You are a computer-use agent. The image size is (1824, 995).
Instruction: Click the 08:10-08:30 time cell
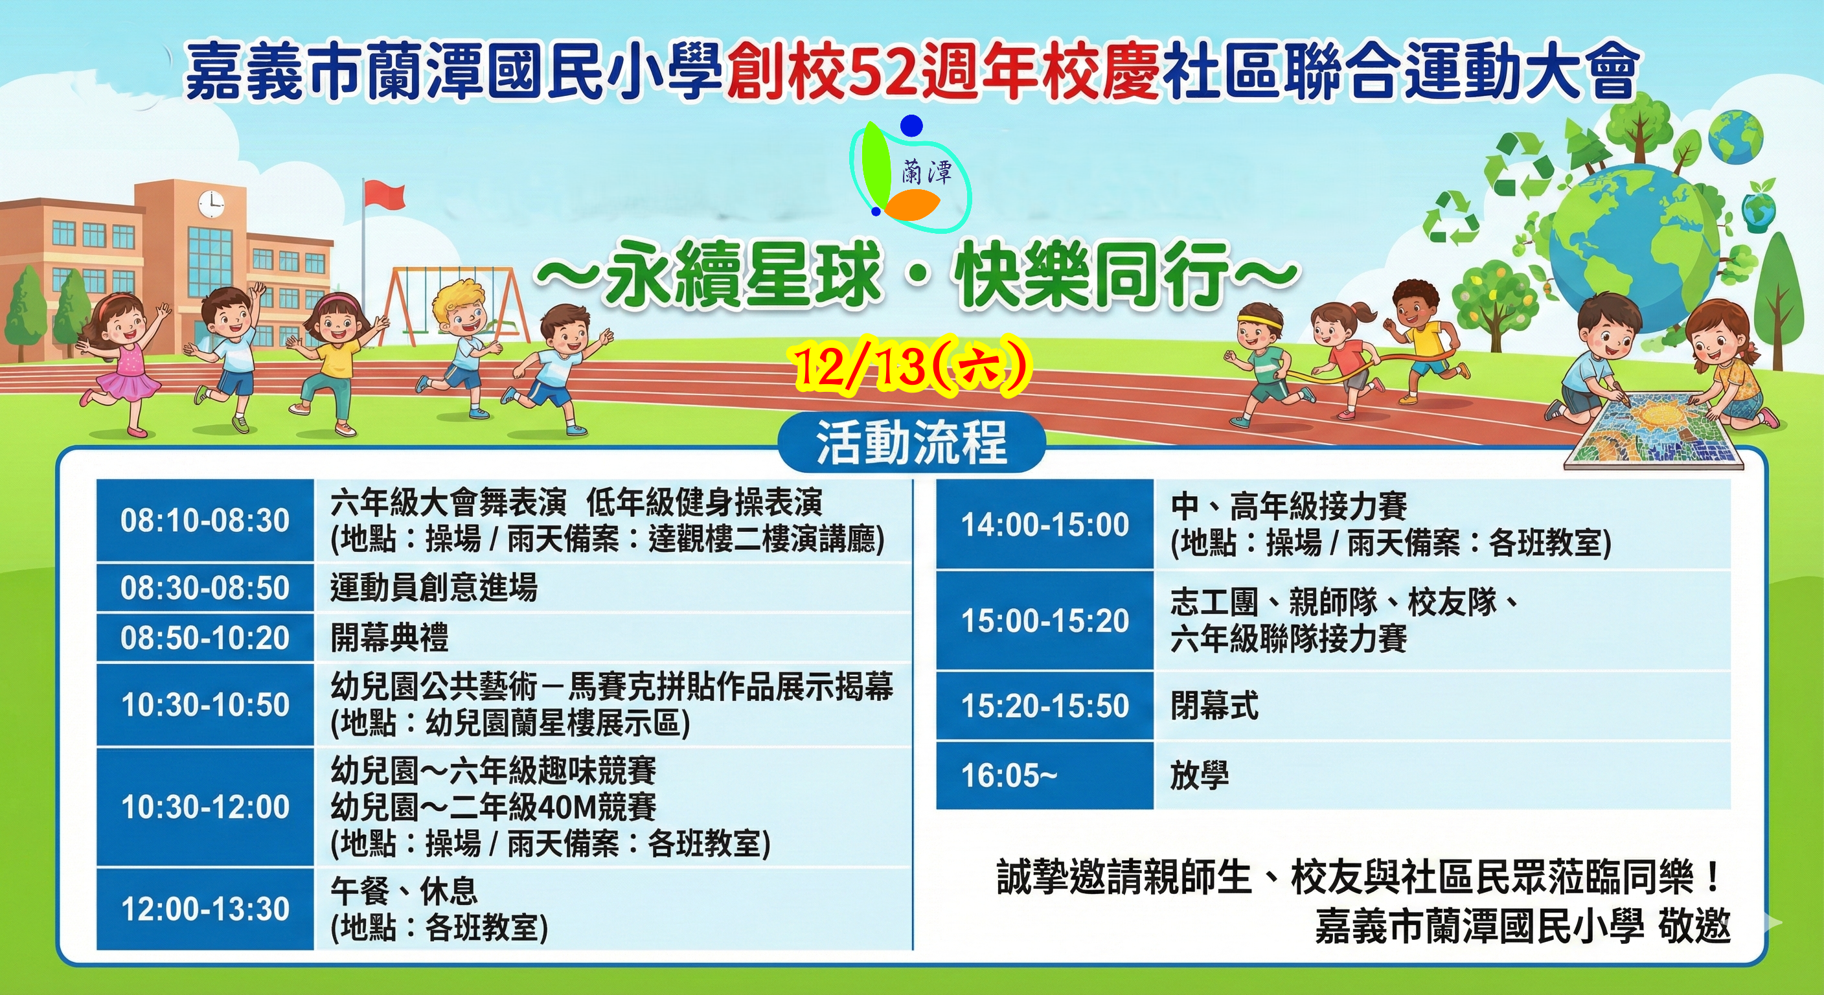click(205, 521)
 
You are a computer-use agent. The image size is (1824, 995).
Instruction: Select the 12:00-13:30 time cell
click(205, 909)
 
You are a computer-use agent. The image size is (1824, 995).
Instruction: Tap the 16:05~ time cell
click(1044, 775)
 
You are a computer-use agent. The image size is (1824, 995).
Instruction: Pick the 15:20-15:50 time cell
click(1044, 706)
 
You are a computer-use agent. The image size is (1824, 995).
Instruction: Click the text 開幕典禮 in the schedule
click(389, 637)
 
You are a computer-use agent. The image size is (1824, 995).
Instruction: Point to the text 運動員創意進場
click(434, 587)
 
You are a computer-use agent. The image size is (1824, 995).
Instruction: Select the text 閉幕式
click(1215, 705)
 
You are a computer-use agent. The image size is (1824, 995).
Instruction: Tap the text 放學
click(1200, 775)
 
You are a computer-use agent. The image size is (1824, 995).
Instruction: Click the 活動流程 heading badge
click(911, 442)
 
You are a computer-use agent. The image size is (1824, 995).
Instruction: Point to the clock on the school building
click(211, 205)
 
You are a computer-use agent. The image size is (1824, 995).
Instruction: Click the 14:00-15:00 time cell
click(1044, 525)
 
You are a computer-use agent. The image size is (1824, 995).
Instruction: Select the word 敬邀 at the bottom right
click(1694, 926)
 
